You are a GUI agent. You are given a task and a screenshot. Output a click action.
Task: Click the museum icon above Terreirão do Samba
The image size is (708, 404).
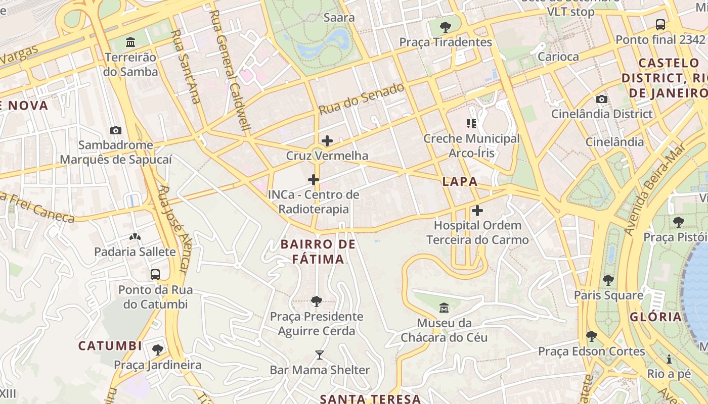[x=130, y=41]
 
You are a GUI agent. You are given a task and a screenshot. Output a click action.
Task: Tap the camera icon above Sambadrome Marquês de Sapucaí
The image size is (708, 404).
[x=116, y=130]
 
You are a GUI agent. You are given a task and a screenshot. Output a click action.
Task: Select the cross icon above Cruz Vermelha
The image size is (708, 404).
[x=327, y=140]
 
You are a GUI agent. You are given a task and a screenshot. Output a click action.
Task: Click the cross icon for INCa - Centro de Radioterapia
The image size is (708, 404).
[x=314, y=179]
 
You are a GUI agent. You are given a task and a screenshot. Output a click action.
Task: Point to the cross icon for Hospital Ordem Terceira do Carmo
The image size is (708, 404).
[x=477, y=211]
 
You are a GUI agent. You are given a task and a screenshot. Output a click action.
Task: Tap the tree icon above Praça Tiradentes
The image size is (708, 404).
[x=446, y=27]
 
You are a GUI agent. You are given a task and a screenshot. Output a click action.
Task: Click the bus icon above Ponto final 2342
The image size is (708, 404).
[x=660, y=24]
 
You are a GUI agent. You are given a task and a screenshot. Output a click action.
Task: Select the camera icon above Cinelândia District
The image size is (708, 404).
[x=602, y=99]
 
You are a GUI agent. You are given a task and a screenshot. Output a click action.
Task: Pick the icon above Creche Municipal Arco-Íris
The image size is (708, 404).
[x=471, y=123]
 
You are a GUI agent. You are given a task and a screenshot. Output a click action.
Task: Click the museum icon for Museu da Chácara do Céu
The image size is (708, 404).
[x=444, y=308]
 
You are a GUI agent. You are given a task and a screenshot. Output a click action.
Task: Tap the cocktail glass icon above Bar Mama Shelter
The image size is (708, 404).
[x=320, y=355]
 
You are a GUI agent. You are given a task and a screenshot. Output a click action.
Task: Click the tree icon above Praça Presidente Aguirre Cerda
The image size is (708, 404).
[x=317, y=301]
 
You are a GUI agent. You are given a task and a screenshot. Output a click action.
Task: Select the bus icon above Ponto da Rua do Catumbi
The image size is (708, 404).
[x=155, y=275]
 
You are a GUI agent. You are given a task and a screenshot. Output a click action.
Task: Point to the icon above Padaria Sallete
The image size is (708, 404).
[x=135, y=236]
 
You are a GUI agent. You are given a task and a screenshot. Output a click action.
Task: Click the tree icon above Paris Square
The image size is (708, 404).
[x=608, y=280]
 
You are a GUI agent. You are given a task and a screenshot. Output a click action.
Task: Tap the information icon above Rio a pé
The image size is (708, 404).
[x=669, y=359]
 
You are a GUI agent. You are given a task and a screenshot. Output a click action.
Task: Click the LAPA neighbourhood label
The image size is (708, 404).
[x=460, y=182]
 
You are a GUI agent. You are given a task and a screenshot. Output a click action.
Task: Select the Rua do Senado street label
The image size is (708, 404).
[x=362, y=98]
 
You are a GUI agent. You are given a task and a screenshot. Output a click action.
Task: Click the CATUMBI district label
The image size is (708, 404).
[x=110, y=346]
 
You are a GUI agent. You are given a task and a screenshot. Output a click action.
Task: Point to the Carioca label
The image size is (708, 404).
[x=558, y=57]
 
